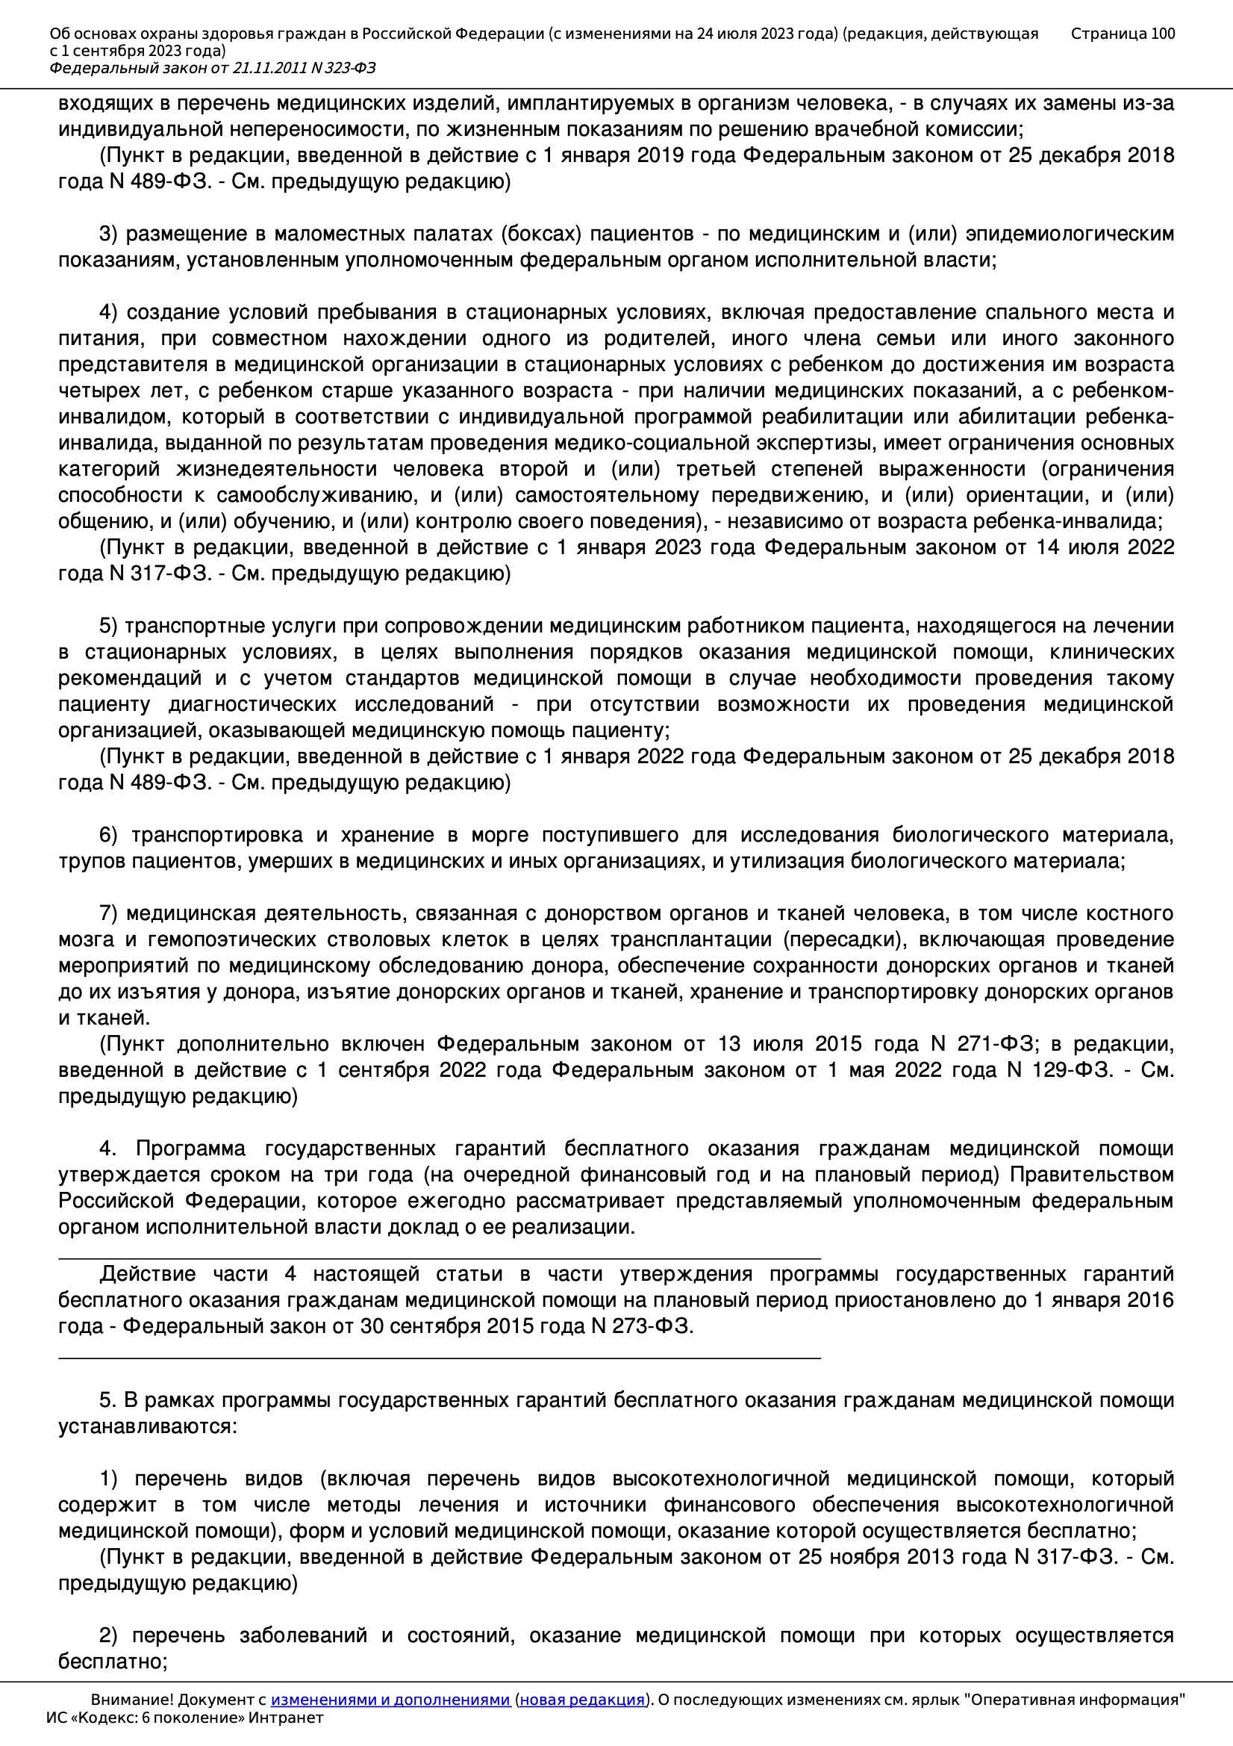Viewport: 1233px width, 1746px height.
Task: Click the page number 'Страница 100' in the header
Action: [1122, 34]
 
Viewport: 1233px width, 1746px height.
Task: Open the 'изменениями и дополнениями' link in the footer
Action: [390, 1700]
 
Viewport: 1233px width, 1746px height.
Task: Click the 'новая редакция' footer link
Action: [581, 1700]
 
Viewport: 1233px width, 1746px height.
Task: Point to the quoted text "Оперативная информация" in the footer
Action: [1074, 1700]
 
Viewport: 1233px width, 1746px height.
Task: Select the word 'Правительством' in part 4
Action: [1092, 1175]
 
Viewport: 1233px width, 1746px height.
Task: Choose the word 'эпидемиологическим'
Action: [1070, 234]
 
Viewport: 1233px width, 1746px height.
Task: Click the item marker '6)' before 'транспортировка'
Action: [109, 835]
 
